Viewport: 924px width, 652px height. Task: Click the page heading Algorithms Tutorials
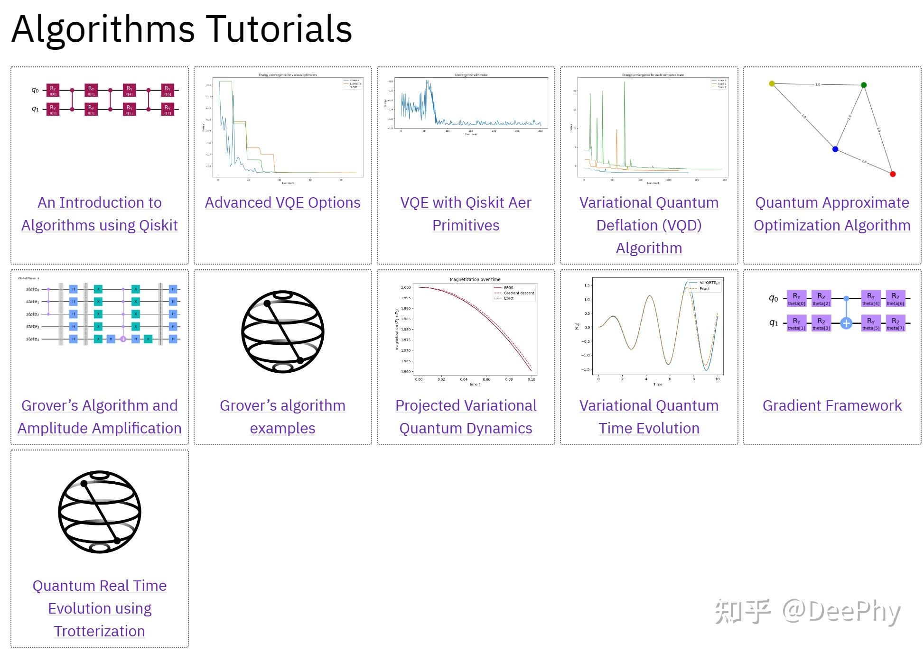181,29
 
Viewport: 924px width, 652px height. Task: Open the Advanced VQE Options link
282,202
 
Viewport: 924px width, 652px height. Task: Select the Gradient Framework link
831,405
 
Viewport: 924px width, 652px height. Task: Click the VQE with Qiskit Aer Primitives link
466,213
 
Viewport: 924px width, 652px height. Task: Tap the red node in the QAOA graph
892,174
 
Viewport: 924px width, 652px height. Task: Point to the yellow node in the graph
772,83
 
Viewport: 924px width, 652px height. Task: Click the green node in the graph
864,85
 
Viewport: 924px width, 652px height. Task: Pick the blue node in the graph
835,149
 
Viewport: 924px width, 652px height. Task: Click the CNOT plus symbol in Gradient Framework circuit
846,323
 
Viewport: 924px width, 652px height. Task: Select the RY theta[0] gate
796,298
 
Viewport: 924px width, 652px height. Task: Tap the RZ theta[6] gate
895,298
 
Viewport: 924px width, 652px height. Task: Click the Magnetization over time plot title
475,279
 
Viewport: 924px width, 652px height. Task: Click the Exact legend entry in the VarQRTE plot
704,289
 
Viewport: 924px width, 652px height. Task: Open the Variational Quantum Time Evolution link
649,417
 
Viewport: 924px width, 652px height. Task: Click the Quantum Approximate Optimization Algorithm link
831,213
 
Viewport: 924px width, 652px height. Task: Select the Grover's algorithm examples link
282,417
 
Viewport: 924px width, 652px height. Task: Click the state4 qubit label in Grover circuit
33,339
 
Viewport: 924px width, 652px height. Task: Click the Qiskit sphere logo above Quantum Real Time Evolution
100,512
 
